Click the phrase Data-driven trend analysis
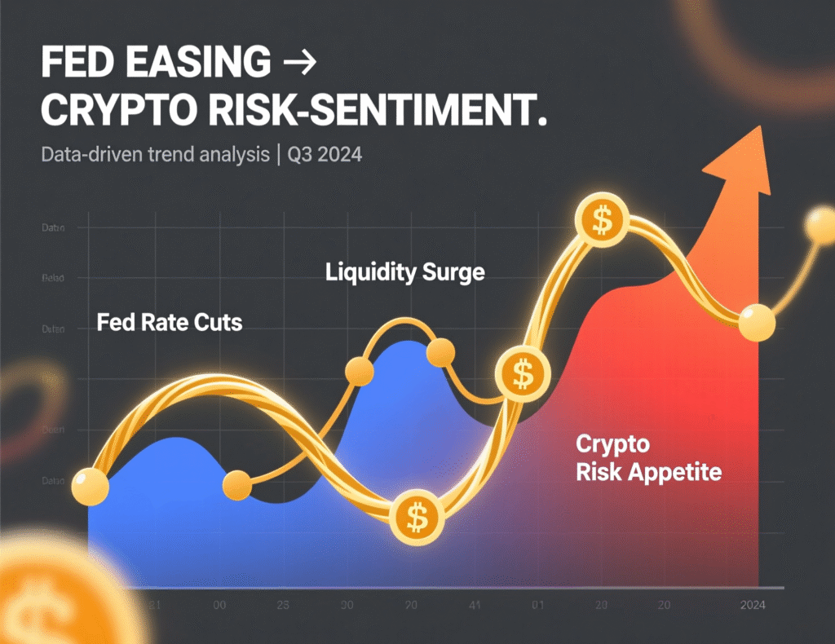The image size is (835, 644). (154, 155)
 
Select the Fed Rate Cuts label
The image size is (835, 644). (169, 322)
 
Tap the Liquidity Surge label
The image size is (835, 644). (404, 271)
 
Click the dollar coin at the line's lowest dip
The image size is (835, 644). (417, 517)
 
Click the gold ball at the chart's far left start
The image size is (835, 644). (90, 487)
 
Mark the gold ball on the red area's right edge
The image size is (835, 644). (757, 323)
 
